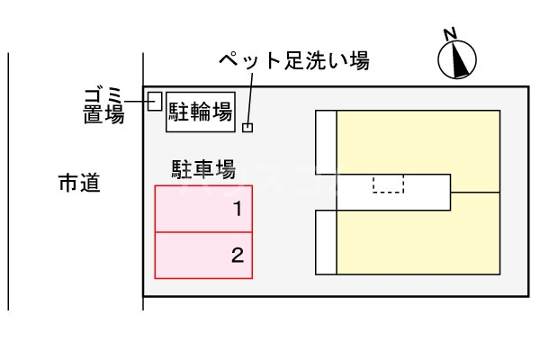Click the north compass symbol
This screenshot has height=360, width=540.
457,59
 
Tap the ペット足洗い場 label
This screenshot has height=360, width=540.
294,61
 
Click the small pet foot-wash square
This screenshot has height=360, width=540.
247,127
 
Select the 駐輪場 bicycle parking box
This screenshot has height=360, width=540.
200,112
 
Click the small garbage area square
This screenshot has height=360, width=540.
154,100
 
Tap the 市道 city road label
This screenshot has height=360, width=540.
78,184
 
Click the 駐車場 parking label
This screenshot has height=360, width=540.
203,168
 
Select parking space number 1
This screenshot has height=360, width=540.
203,209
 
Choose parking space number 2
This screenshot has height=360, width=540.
203,255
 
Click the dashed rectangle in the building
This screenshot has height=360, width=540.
389,184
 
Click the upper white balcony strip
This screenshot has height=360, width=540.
326,141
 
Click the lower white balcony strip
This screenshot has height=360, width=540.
326,242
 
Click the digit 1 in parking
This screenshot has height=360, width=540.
238,210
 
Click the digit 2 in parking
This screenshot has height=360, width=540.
238,256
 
